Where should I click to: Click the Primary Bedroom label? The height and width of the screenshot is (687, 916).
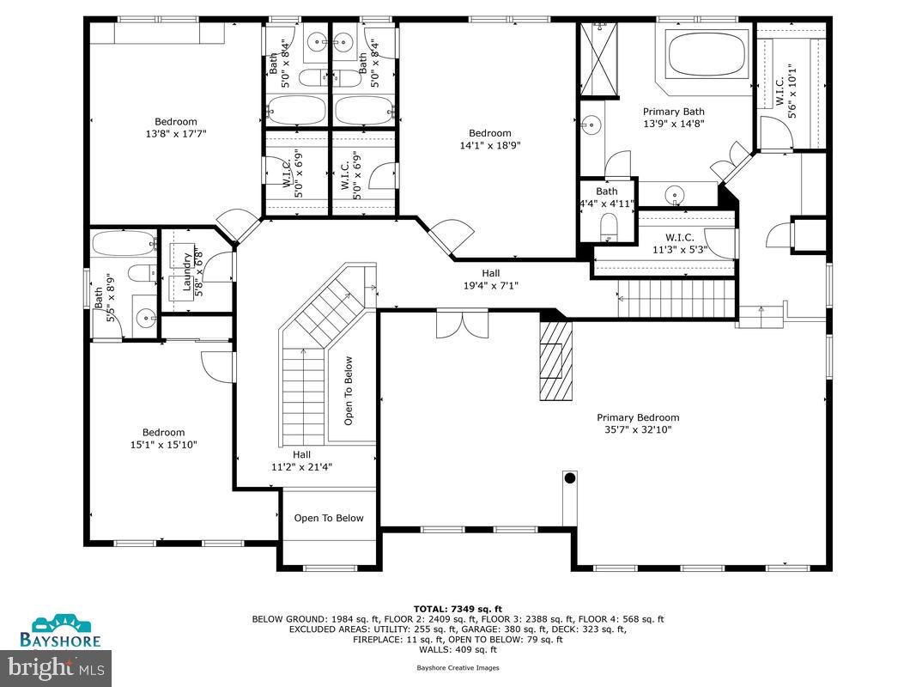click(638, 423)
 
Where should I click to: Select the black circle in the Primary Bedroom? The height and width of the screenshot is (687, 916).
click(569, 477)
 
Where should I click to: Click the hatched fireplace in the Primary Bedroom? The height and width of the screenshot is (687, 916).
click(555, 361)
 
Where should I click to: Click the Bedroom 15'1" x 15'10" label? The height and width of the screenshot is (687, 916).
click(163, 439)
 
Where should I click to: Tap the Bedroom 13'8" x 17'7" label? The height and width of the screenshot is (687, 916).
click(175, 127)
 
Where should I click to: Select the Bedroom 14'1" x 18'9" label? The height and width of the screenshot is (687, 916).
click(489, 139)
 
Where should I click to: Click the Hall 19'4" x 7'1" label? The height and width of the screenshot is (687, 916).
click(490, 279)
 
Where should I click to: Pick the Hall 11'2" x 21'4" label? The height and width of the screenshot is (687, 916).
click(301, 461)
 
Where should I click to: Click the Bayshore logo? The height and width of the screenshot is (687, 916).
click(61, 631)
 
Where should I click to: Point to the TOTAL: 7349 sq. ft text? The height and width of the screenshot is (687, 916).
click(458, 607)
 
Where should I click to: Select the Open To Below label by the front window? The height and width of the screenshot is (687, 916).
click(329, 518)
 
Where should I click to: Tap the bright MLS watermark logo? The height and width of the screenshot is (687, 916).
click(58, 665)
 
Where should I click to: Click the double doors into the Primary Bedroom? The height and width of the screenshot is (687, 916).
click(462, 324)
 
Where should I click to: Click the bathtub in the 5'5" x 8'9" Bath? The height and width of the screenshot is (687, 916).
click(123, 243)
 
